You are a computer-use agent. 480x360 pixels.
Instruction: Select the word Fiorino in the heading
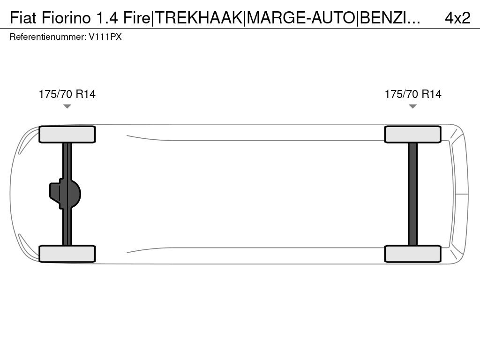pos(66,18)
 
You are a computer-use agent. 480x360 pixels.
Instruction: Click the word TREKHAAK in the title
pos(199,18)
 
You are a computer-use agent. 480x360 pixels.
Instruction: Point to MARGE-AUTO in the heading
pos(301,18)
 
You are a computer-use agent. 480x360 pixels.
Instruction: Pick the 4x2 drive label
pos(457,18)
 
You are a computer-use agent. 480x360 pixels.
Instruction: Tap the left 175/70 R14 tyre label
pos(67,94)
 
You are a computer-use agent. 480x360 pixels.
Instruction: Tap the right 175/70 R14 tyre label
pos(413,94)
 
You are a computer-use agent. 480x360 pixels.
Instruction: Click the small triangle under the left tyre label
pos(67,106)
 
